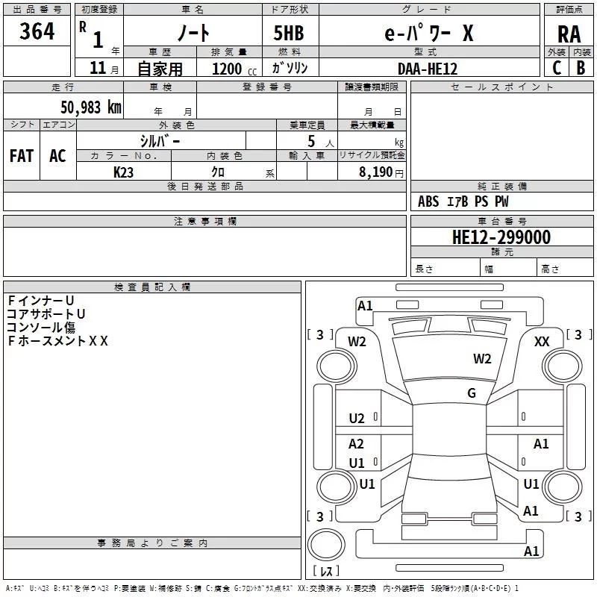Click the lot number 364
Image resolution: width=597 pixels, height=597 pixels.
(x=37, y=32)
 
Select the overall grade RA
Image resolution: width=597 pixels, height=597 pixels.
(x=569, y=34)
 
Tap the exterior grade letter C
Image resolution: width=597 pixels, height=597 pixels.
(x=557, y=68)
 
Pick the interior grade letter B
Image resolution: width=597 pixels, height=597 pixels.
(x=581, y=68)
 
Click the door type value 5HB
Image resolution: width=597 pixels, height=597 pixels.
(x=289, y=34)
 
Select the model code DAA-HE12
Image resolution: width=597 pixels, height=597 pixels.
(x=428, y=69)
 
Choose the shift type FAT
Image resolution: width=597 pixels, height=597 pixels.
(x=21, y=156)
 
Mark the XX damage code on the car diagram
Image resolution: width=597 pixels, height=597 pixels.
(x=543, y=341)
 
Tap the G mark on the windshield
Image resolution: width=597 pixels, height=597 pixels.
(x=472, y=393)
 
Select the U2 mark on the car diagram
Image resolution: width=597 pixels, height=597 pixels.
(x=357, y=419)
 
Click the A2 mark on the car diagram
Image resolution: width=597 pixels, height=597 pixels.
(x=357, y=444)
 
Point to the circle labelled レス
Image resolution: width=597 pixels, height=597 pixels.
(x=326, y=571)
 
